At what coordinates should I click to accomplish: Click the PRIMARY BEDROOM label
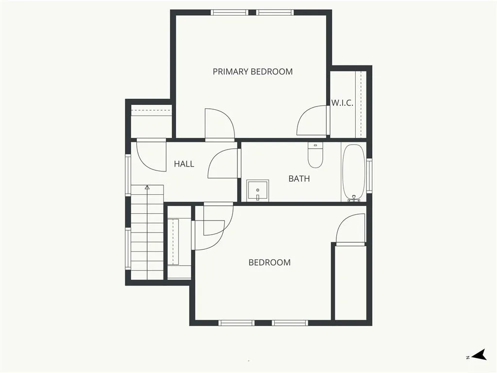tap(252, 72)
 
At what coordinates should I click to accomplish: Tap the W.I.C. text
tap(342, 103)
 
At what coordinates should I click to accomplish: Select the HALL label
tap(184, 164)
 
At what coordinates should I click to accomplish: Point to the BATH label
tap(299, 179)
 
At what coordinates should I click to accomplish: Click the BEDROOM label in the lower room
tap(269, 263)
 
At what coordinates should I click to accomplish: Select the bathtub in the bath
tap(354, 172)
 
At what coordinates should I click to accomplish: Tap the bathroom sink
tap(258, 190)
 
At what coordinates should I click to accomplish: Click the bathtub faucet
tap(354, 199)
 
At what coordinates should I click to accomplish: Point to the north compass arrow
tap(479, 355)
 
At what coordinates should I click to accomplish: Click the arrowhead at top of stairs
tap(147, 187)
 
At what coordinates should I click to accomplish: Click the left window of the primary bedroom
tap(230, 12)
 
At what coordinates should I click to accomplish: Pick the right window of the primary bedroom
tap(275, 12)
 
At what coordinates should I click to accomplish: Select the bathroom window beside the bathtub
tap(369, 175)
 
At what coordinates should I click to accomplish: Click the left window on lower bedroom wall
tap(236, 323)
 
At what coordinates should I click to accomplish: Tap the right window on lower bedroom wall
tap(290, 323)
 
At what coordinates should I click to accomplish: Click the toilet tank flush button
tap(315, 145)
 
